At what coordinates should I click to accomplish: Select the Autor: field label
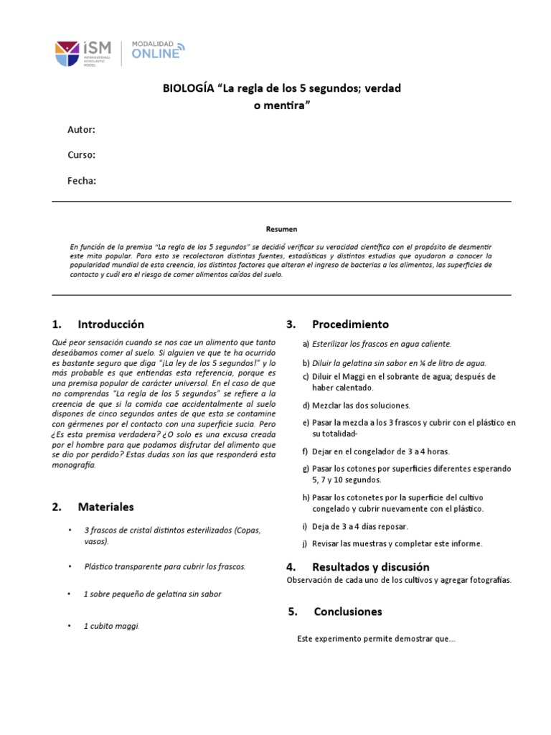[x=81, y=130]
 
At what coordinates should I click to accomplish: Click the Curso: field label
[x=82, y=155]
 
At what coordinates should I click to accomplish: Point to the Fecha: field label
[x=82, y=181]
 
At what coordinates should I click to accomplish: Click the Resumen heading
[x=281, y=229]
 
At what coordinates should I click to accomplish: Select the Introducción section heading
[x=110, y=324]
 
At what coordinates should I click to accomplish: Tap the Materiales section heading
[x=105, y=507]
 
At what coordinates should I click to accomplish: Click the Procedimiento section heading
[x=350, y=324]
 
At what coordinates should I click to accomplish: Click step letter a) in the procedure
[x=306, y=344]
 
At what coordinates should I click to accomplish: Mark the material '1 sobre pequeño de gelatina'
[x=152, y=594]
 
